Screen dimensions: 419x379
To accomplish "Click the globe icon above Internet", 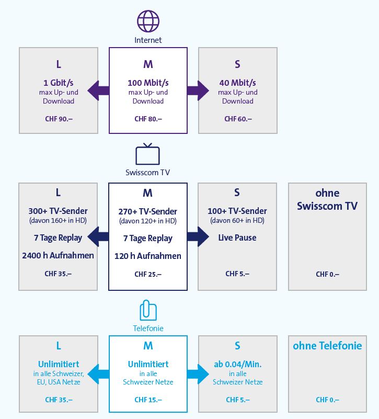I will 147,21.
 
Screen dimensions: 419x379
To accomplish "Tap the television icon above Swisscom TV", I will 147,155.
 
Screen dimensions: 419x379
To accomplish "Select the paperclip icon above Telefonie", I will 147,310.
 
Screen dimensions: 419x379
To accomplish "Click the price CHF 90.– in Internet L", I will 59,119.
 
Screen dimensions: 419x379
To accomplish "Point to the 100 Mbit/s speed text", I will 148,83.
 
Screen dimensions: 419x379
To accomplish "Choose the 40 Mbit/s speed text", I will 238,83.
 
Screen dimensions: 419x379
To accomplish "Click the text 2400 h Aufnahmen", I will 58,255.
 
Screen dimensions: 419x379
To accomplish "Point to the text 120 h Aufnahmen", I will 148,256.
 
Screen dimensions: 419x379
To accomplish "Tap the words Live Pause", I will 237,237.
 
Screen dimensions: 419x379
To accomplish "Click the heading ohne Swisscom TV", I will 327,199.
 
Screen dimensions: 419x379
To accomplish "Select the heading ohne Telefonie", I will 327,346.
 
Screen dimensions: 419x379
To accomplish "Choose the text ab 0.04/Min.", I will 238,364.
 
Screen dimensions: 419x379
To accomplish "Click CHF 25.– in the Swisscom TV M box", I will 148,274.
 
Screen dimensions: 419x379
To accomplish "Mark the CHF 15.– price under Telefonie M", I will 148,400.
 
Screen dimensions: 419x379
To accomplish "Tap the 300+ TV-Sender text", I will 58,211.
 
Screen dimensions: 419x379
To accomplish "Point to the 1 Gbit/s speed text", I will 59,83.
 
